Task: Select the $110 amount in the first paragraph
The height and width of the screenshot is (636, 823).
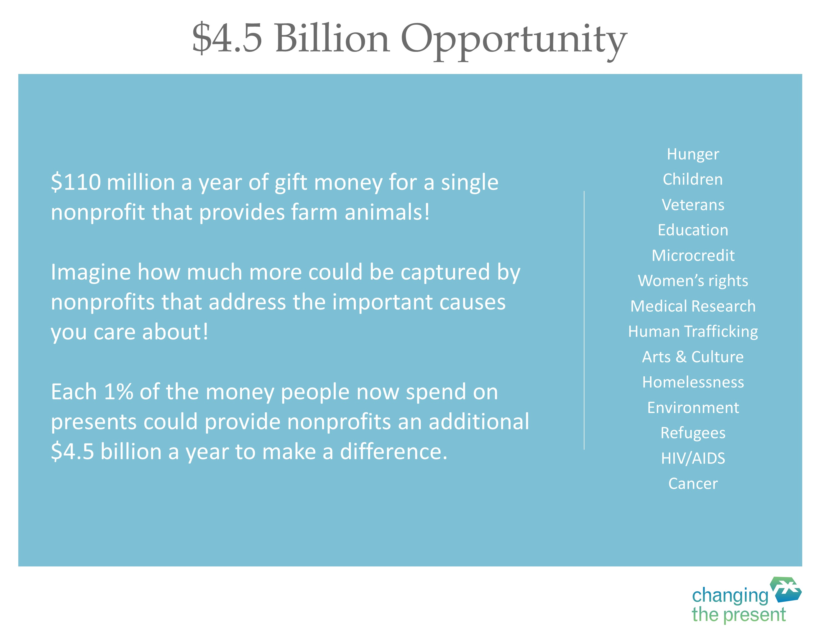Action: (76, 182)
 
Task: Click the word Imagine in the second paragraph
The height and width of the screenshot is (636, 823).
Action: (90, 273)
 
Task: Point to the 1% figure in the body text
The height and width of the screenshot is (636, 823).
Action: (118, 392)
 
